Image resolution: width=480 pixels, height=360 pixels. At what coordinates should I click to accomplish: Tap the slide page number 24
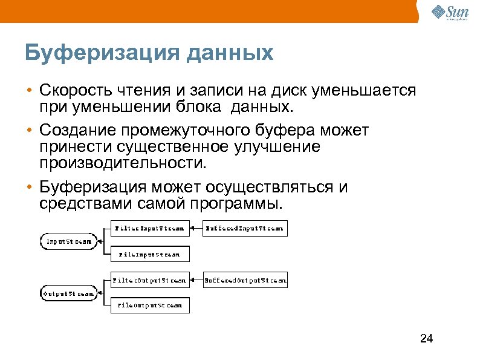pyautogui.click(x=426, y=338)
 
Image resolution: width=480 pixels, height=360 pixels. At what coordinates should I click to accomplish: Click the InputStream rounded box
pyautogui.click(x=68, y=241)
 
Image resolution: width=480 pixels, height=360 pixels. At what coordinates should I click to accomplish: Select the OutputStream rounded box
pyautogui.click(x=68, y=293)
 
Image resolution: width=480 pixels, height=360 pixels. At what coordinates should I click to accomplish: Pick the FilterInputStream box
pyautogui.click(x=149, y=228)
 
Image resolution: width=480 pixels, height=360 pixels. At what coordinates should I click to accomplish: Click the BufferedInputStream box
pyautogui.click(x=244, y=228)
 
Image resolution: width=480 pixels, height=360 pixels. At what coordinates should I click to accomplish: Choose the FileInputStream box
pyautogui.click(x=149, y=254)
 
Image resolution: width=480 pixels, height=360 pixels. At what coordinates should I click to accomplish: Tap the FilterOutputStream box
pyautogui.click(x=149, y=280)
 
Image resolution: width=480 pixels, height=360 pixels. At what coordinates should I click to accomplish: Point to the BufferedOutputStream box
pyautogui.click(x=245, y=280)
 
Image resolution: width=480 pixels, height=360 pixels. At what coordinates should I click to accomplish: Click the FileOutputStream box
pyautogui.click(x=149, y=306)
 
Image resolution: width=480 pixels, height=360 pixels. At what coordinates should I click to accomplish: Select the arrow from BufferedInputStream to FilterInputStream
pyautogui.click(x=196, y=228)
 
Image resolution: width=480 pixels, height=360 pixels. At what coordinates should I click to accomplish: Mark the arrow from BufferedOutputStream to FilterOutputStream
pyautogui.click(x=196, y=280)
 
